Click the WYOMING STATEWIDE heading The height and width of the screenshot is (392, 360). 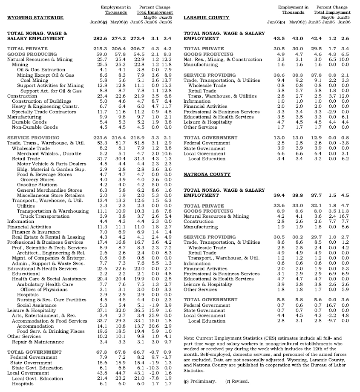coord(35,18)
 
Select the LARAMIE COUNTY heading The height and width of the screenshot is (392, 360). coord(206,18)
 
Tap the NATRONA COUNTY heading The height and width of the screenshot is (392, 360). coord(207,175)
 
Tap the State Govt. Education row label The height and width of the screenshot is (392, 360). coord(37,368)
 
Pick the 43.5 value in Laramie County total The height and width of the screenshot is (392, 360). coord(279,39)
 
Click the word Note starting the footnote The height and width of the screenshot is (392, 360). coord(189,338)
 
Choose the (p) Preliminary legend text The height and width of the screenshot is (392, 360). coord(199,381)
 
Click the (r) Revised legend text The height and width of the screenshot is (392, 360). coord(237,381)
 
